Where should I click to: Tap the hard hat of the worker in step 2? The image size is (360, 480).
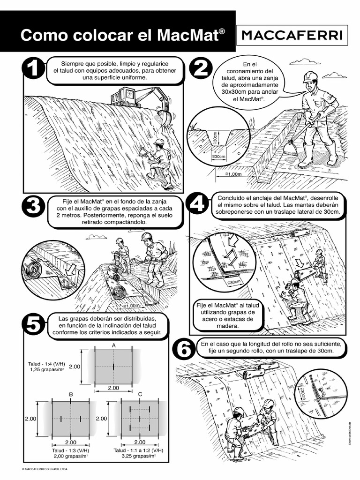click(x=310, y=76)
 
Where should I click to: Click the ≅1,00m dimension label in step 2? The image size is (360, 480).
click(x=233, y=174)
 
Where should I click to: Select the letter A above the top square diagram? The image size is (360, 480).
click(x=113, y=345)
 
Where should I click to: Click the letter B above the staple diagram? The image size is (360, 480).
click(x=71, y=395)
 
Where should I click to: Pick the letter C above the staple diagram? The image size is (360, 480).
click(x=140, y=395)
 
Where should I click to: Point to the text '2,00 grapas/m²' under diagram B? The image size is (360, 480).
click(x=71, y=455)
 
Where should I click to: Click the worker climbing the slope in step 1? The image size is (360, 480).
click(x=160, y=162)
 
